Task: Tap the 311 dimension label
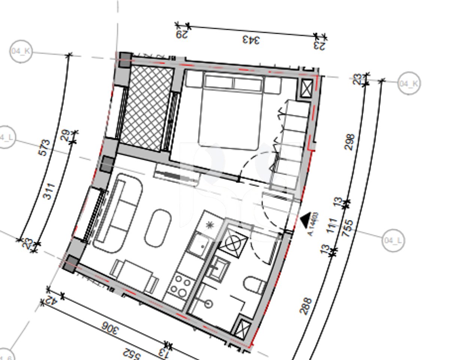pyautogui.click(x=49, y=191)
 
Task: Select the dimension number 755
pyautogui.click(x=348, y=229)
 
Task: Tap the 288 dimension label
pyautogui.click(x=306, y=306)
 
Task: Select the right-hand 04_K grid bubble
pyautogui.click(x=409, y=83)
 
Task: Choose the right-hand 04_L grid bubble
pyautogui.click(x=393, y=240)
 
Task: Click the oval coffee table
pyautogui.click(x=158, y=228)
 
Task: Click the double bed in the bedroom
pyautogui.click(x=230, y=112)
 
